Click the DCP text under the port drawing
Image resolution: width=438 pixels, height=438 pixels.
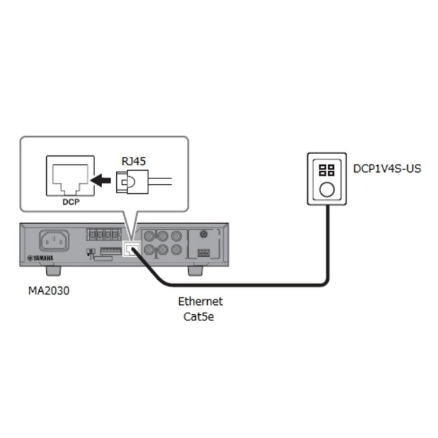pyautogui.click(x=70, y=203)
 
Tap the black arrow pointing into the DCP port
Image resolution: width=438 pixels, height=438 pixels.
pyautogui.click(x=102, y=181)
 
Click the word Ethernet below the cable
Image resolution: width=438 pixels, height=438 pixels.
pyautogui.click(x=200, y=302)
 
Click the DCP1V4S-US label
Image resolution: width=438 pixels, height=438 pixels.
pyautogui.click(x=387, y=169)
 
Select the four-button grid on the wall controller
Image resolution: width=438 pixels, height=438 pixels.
pyautogui.click(x=327, y=170)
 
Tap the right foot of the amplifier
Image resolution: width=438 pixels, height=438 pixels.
pyautogui.click(x=197, y=269)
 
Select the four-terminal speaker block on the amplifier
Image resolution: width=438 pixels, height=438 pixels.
pyautogui.click(x=103, y=235)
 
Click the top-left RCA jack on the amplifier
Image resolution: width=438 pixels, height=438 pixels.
pyautogui.click(x=149, y=236)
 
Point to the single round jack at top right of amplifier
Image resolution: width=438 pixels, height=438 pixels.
pyautogui.click(x=204, y=235)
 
